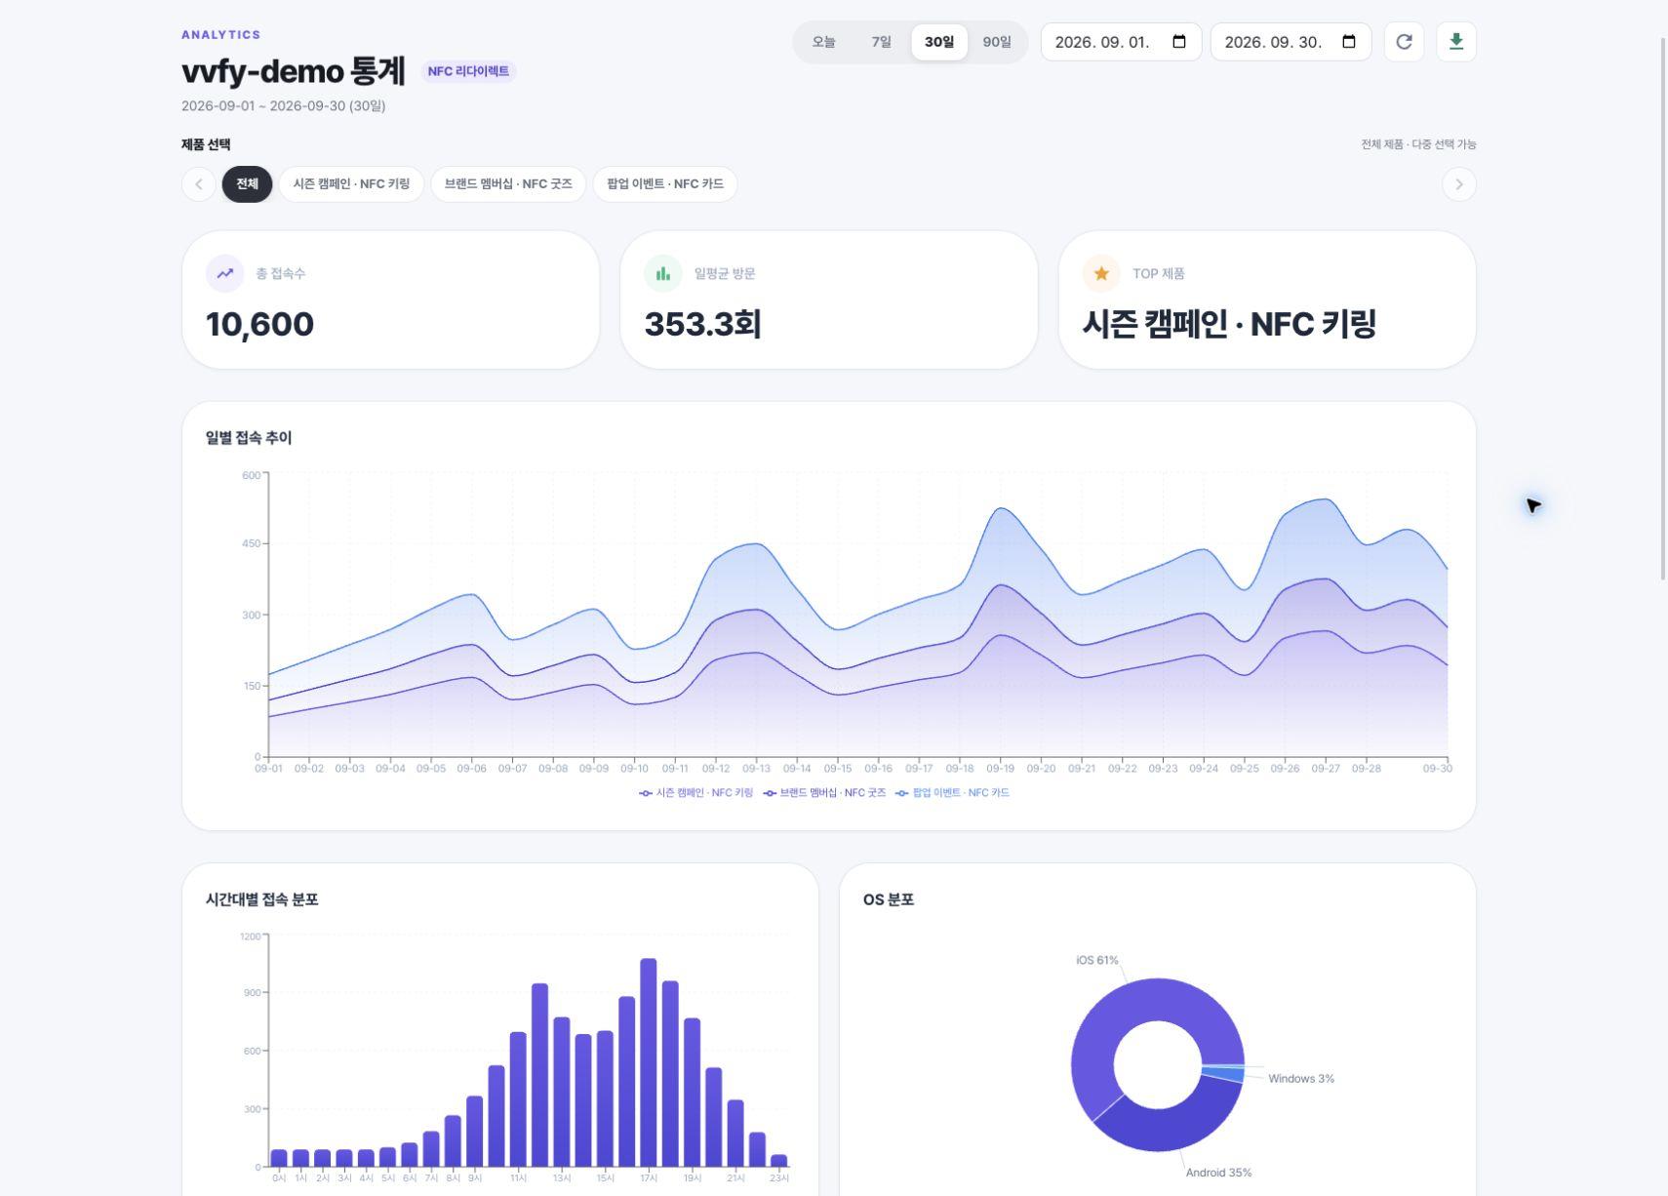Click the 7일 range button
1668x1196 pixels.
click(x=881, y=42)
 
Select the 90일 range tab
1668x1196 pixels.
click(x=996, y=42)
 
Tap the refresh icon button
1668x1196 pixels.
click(x=1404, y=42)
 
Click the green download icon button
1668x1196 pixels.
click(x=1455, y=42)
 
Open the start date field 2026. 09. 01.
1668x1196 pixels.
click(x=1121, y=42)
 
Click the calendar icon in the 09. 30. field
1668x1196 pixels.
click(x=1349, y=42)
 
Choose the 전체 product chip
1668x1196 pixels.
click(x=247, y=184)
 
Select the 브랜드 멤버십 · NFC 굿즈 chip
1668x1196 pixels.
click(x=508, y=184)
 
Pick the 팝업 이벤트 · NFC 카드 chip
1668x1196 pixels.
click(x=665, y=184)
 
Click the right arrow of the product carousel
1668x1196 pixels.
click(x=1458, y=184)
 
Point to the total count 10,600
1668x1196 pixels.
click(x=259, y=324)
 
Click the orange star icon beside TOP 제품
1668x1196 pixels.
click(x=1101, y=273)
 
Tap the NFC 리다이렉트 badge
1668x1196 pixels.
click(x=468, y=71)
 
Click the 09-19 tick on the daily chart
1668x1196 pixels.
click(x=1000, y=768)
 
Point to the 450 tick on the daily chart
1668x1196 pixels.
click(x=252, y=543)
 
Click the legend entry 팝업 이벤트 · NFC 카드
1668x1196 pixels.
click(x=952, y=792)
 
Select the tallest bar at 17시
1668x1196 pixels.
click(x=649, y=1062)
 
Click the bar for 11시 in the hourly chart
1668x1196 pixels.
click(x=518, y=1099)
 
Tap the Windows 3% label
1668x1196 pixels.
click(x=1301, y=1078)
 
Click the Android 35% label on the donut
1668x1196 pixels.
click(x=1218, y=1173)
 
